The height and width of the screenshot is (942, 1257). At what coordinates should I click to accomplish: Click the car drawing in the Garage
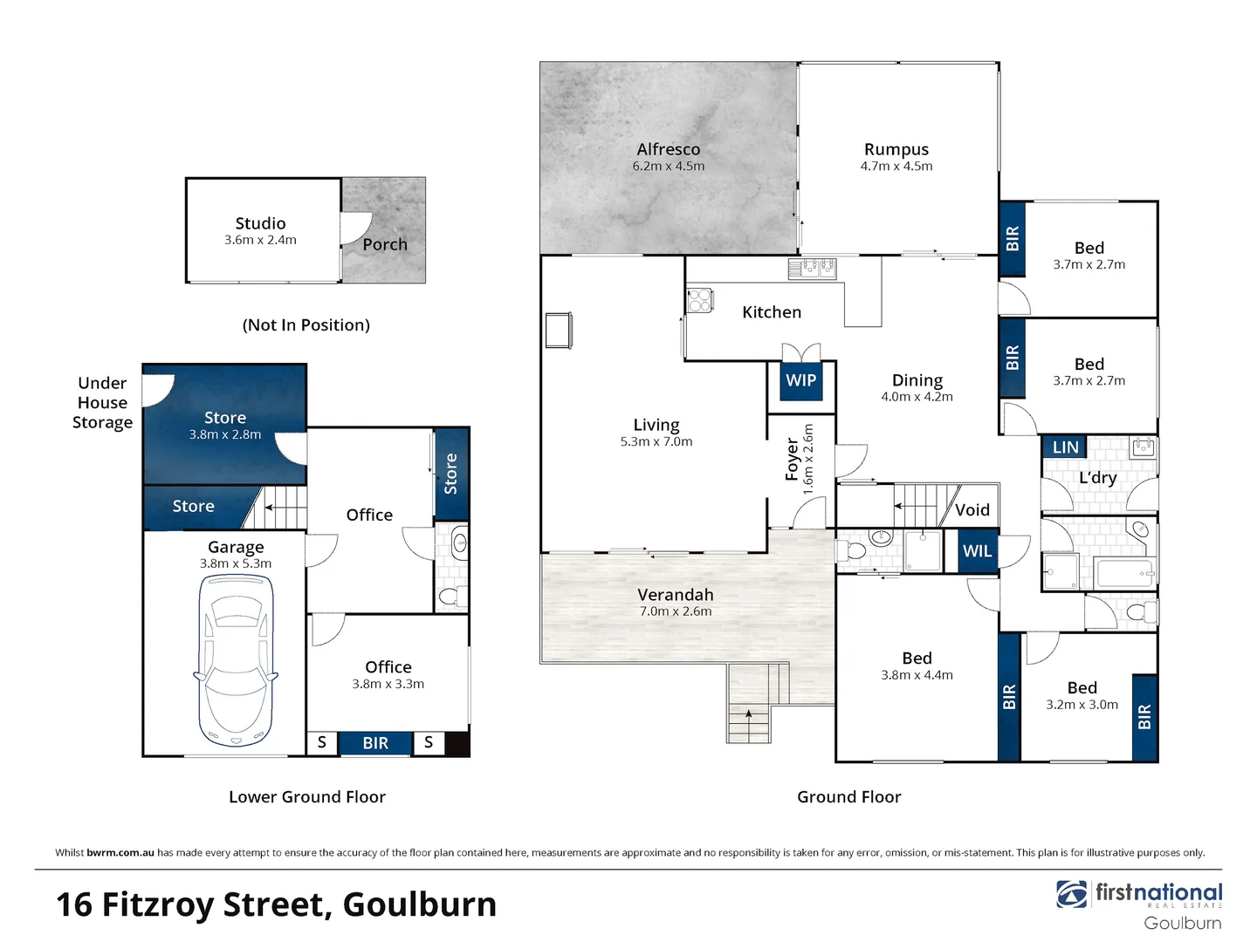(x=236, y=660)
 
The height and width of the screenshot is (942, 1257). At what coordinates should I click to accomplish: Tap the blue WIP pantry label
(x=800, y=380)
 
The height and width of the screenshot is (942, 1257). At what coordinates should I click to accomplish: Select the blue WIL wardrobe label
(x=977, y=550)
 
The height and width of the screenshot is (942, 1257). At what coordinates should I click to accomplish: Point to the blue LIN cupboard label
(x=1065, y=447)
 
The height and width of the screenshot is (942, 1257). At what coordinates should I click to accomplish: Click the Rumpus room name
(x=896, y=149)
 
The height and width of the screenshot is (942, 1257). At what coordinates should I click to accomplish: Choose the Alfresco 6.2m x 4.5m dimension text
(x=669, y=166)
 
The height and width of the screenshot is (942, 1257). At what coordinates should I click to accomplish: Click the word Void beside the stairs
(x=972, y=509)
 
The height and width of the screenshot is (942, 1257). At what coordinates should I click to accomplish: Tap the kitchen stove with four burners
(x=699, y=300)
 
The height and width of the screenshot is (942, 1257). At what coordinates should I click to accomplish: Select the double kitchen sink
(x=813, y=268)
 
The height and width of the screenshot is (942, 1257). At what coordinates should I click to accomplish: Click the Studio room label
(x=260, y=223)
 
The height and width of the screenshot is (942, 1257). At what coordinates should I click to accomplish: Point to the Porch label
(x=385, y=244)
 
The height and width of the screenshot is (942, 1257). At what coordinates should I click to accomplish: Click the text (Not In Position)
(x=306, y=324)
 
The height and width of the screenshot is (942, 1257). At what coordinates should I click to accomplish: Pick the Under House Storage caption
(x=102, y=403)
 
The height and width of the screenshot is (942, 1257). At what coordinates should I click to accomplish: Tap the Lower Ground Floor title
(x=307, y=796)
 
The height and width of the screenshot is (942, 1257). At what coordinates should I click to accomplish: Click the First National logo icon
(x=1071, y=894)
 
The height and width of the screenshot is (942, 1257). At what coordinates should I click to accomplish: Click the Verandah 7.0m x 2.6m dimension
(x=676, y=611)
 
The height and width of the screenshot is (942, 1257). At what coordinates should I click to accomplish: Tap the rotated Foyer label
(x=792, y=459)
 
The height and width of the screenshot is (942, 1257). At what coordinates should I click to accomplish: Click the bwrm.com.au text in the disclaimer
(x=120, y=852)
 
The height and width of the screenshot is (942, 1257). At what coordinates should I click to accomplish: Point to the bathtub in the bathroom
(x=1123, y=572)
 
